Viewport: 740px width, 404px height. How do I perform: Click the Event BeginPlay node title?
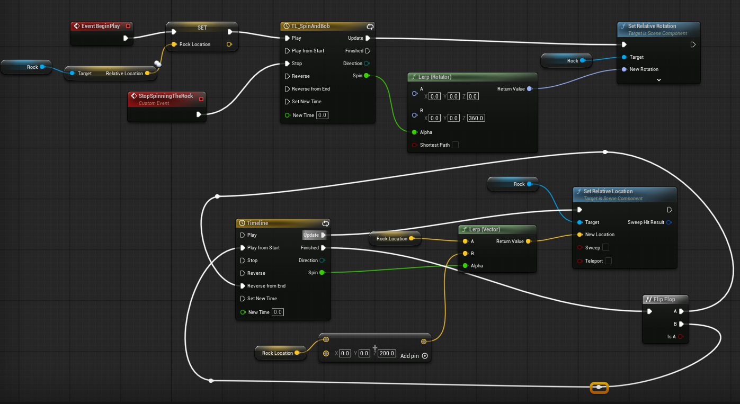coord(101,26)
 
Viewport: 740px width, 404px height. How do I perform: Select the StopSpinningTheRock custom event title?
coord(166,96)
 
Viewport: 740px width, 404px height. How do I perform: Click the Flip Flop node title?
coord(664,299)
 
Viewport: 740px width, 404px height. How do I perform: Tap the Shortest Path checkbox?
coord(455,145)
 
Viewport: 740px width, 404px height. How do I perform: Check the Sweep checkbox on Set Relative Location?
coord(606,247)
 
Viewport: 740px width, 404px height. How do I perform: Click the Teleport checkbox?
coord(608,261)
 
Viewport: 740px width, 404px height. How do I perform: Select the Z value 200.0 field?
coord(387,353)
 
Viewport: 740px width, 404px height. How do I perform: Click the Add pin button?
coord(425,356)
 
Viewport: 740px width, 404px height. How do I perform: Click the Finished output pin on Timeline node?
coord(323,248)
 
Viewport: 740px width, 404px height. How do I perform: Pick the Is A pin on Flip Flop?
coord(681,337)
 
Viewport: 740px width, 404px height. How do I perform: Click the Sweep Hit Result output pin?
coord(670,222)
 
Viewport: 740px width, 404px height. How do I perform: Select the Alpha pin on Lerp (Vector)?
coord(466,266)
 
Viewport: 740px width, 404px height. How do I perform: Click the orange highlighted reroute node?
coord(599,388)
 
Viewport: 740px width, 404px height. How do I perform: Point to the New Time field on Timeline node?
coord(278,312)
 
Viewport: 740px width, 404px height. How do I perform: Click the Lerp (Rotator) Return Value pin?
coord(530,89)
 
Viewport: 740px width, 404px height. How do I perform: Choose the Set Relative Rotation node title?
coord(652,26)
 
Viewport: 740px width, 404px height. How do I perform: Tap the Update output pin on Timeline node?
coord(323,235)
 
